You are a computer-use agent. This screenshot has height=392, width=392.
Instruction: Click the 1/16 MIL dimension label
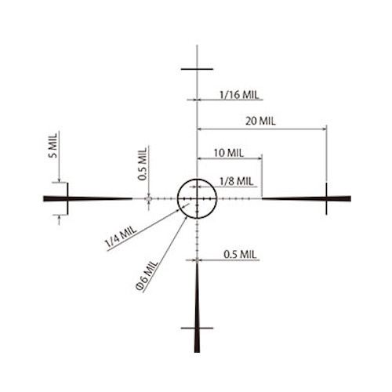239,95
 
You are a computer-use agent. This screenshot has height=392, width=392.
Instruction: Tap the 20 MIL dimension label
260,122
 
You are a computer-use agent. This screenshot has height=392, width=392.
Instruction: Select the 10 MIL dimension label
229,153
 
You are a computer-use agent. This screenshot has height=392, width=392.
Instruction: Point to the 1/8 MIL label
237,181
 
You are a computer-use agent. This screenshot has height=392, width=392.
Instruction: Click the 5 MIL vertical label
53,146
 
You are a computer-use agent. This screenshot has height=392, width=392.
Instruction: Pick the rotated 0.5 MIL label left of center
143,164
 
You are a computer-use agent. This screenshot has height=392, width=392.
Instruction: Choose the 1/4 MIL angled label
121,237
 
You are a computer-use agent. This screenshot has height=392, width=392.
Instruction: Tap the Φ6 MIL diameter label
147,275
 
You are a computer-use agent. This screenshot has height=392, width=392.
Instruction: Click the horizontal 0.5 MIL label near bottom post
240,255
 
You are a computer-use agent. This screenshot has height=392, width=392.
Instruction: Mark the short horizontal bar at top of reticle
197,69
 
